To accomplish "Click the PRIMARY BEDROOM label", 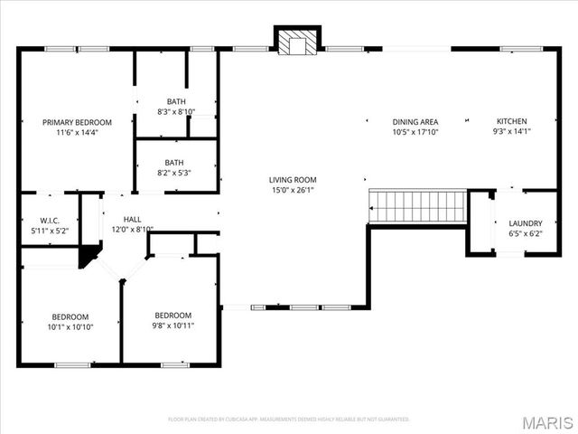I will [77, 122].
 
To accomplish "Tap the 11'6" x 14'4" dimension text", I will [77, 133].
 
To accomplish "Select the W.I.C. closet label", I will [49, 220].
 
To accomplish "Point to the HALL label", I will [133, 219].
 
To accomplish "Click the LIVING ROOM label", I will [293, 180].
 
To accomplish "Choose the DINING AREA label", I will [415, 122].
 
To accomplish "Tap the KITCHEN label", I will [512, 122].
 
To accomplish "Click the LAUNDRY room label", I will [526, 223].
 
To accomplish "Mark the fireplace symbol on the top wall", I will [297, 42].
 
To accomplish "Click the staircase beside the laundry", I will [417, 206].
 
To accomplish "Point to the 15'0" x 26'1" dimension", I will [293, 191].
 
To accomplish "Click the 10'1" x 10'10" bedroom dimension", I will [70, 326].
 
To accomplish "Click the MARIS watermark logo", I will [546, 422].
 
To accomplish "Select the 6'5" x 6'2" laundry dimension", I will [526, 234].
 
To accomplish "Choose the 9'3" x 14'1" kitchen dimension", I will [512, 133].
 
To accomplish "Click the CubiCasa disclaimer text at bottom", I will [289, 420].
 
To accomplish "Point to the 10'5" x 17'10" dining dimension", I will [415, 133].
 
